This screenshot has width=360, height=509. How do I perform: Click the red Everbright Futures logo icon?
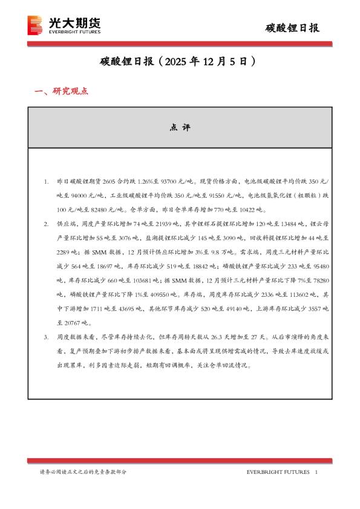coord(36,25)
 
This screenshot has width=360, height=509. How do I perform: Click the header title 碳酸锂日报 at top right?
coord(293,28)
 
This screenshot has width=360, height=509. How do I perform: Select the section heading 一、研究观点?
coord(61,91)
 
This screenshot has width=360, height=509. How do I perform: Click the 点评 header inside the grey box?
coord(180,128)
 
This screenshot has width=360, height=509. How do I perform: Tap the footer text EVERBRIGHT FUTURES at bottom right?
coord(278,472)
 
